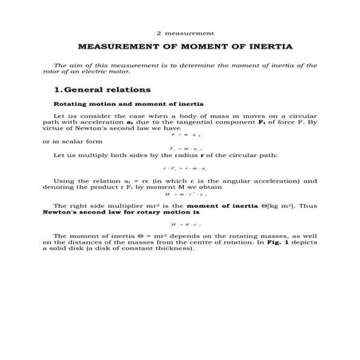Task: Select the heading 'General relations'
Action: [x=105, y=89]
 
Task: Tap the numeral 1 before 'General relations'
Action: [x=46, y=89]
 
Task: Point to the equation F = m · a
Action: [x=185, y=136]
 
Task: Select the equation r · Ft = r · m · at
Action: [x=185, y=168]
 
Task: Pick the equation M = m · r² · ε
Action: [x=185, y=194]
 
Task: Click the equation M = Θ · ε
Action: [x=185, y=224]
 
